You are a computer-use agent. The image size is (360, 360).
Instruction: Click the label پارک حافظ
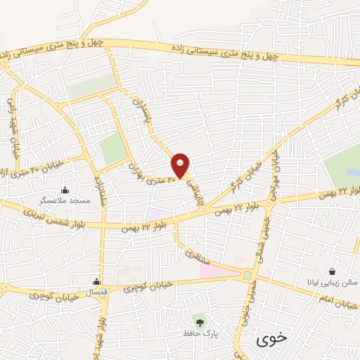(x=200, y=333)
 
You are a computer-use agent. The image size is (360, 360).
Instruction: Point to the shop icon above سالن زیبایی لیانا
(x=332, y=271)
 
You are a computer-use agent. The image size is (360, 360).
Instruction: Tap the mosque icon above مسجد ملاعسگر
(x=65, y=190)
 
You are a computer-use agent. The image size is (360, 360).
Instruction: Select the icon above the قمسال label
(x=96, y=282)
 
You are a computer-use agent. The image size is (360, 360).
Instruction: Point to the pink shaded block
(x=217, y=271)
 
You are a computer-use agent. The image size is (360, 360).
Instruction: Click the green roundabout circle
(x=247, y=275)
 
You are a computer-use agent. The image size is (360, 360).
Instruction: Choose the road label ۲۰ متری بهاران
(x=150, y=171)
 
